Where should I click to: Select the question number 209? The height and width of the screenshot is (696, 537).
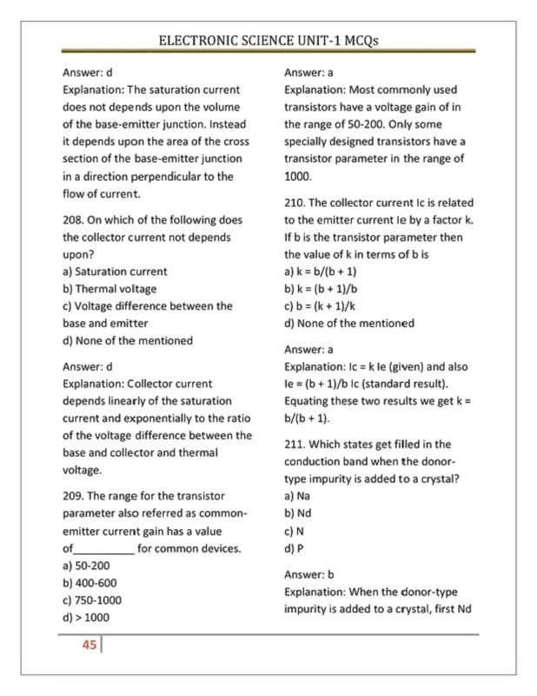click(x=75, y=495)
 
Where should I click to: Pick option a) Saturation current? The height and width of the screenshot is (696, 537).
click(x=116, y=271)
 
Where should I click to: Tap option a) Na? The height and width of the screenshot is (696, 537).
click(x=297, y=495)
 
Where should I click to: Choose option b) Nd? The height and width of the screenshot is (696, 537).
click(x=297, y=513)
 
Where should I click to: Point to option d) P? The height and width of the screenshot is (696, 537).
click(x=294, y=548)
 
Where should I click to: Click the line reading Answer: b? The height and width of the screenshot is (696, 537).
click(x=309, y=575)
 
